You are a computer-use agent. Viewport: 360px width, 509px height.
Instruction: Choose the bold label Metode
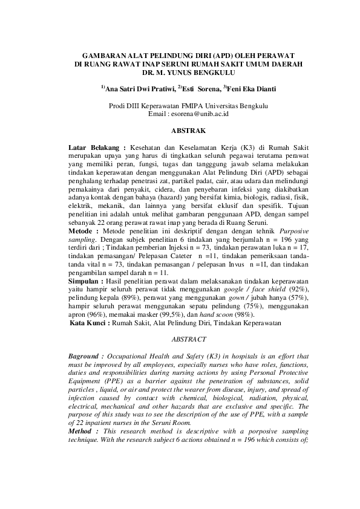pos(83,231)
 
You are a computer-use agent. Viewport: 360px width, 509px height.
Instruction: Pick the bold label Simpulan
pos(87,282)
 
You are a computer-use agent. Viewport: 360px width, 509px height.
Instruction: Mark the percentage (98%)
pos(243,316)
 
